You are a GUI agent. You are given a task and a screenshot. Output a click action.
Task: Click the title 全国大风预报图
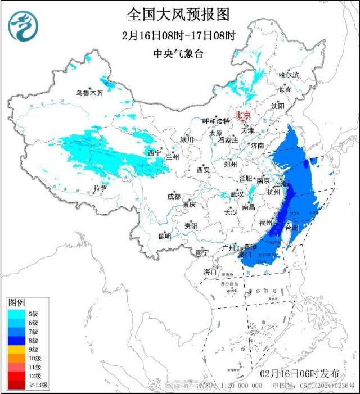point(178,13)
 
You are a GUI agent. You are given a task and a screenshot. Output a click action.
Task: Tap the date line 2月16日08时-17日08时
point(178,35)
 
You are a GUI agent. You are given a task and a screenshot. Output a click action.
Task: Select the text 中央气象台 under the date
point(178,53)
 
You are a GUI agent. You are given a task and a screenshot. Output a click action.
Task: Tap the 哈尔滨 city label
point(289,75)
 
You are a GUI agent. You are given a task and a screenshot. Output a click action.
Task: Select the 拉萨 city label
point(100,189)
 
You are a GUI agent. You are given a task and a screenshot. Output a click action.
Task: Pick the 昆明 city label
point(164,236)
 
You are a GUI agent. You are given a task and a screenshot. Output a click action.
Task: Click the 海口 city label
point(210,271)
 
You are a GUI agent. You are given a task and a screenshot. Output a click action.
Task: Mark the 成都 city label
point(174,197)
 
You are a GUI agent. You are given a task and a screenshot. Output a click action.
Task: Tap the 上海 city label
point(280,184)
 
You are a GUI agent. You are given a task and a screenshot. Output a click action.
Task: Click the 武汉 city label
point(237,194)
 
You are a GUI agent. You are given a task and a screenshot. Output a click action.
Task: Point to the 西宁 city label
point(154,153)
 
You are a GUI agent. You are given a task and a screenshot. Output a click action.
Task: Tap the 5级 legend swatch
point(15,314)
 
